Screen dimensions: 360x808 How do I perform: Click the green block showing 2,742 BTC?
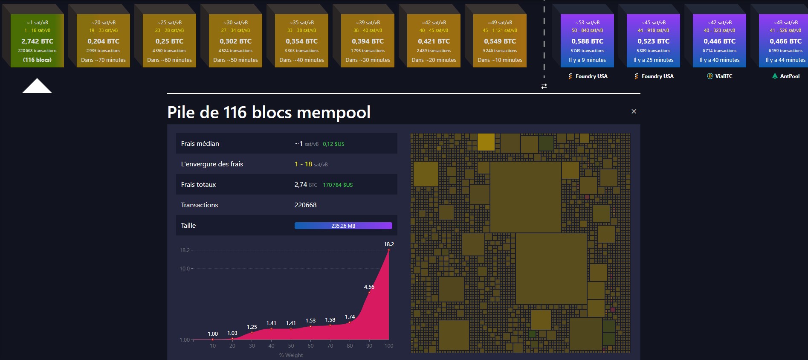tap(37, 41)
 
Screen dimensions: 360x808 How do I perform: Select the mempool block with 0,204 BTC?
tap(103, 41)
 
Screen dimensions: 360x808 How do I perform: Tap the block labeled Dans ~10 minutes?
tap(500, 41)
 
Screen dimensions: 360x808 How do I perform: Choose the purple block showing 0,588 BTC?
tap(587, 41)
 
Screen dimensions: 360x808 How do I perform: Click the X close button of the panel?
tap(634, 111)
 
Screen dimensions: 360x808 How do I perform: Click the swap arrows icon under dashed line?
tap(544, 86)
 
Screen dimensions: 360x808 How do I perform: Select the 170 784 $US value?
tap(338, 185)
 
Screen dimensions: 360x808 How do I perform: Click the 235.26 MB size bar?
tap(343, 226)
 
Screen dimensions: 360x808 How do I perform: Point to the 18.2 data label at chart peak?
tap(388, 244)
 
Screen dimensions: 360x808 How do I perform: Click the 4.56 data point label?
tap(369, 287)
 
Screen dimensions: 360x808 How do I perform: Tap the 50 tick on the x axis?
tap(291, 346)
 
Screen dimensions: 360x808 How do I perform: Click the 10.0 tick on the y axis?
tap(185, 269)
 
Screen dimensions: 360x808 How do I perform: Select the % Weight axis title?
tap(291, 355)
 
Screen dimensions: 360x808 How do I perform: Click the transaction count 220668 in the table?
tap(305, 205)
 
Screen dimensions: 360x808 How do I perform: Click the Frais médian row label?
tap(200, 144)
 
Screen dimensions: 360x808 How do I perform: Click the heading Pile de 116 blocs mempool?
tap(269, 113)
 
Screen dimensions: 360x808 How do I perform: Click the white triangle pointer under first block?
tap(37, 87)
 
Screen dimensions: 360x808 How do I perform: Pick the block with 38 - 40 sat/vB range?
tap(368, 41)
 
